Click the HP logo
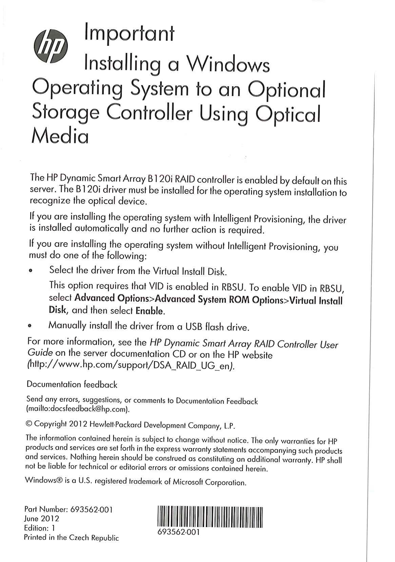[51, 46]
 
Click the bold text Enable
[150, 310]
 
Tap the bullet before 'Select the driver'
[31, 271]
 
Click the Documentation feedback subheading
[72, 385]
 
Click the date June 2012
[42, 519]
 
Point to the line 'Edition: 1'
[39, 528]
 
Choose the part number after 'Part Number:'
[91, 509]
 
